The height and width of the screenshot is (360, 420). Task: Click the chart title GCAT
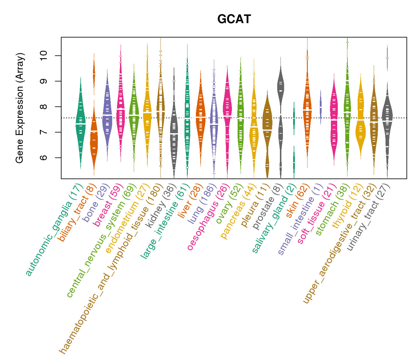click(x=234, y=19)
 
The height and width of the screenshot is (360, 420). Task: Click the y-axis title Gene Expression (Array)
click(x=20, y=108)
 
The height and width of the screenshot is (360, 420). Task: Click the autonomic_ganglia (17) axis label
click(x=53, y=229)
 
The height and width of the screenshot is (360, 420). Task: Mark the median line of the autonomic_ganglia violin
click(x=80, y=124)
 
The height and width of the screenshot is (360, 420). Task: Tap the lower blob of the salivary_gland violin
click(x=294, y=162)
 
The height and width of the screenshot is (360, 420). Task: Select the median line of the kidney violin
click(x=174, y=133)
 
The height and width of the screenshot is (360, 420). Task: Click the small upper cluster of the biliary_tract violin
click(x=94, y=73)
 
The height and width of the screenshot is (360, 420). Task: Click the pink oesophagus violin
click(x=227, y=111)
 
